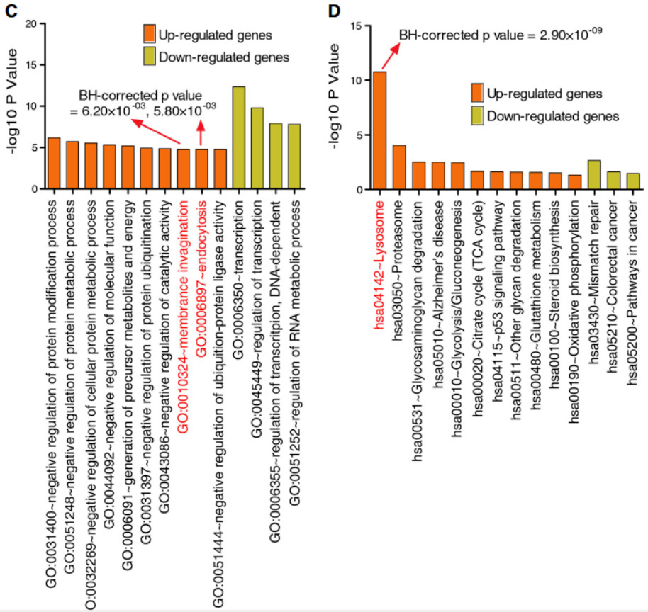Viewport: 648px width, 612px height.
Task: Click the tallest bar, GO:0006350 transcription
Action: pyautogui.click(x=239, y=138)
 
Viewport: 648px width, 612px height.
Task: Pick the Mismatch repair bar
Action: pyautogui.click(x=594, y=175)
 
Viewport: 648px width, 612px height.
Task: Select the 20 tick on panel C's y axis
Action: pyautogui.click(x=30, y=24)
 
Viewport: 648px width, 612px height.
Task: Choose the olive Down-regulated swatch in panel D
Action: pyautogui.click(x=478, y=115)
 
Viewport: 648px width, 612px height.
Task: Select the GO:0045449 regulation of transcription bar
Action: pyautogui.click(x=257, y=148)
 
